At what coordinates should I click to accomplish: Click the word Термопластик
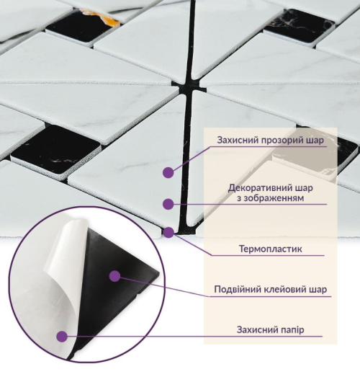(x=271, y=249)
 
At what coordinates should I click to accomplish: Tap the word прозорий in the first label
(x=284, y=141)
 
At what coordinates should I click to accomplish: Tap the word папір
(x=291, y=330)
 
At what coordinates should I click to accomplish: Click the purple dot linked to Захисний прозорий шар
(x=168, y=172)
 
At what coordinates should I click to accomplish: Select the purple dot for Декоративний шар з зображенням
(x=168, y=204)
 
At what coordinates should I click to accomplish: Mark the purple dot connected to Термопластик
(x=168, y=232)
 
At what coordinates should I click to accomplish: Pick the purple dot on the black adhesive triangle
(x=115, y=276)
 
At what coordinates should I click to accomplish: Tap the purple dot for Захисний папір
(x=62, y=337)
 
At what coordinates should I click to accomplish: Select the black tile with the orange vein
(x=83, y=25)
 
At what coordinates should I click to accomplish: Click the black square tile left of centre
(x=55, y=148)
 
